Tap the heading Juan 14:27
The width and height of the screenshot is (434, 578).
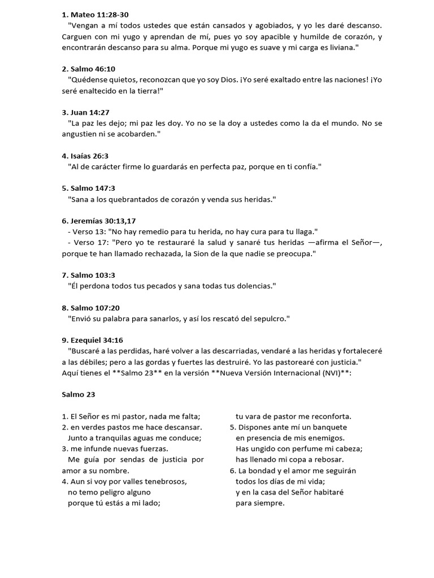point(90,112)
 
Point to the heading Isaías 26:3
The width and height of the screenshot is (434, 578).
point(92,156)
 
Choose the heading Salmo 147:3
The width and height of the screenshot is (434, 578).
point(93,188)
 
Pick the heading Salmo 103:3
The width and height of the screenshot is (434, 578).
point(93,275)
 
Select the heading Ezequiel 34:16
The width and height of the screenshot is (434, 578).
point(97,340)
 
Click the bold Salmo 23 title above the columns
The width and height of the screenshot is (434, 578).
point(77,395)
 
